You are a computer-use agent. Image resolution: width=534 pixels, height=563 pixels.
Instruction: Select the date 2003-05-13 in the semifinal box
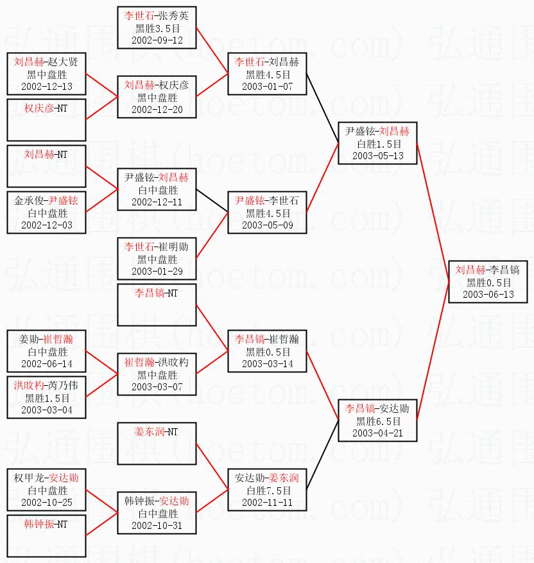click(378, 156)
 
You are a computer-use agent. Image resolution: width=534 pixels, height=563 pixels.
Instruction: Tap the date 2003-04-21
click(378, 433)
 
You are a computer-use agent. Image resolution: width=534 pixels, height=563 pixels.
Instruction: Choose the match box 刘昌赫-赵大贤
click(46, 74)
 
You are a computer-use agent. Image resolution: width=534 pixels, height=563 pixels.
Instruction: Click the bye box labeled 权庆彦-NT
click(46, 119)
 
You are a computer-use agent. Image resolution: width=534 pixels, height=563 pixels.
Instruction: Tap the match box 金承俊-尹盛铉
click(46, 212)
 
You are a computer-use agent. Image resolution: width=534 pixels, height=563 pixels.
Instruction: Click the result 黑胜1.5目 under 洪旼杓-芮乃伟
click(46, 398)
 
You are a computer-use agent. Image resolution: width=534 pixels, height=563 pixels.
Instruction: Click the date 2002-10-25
click(46, 502)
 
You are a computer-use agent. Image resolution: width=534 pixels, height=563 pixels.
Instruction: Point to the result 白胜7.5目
click(267, 490)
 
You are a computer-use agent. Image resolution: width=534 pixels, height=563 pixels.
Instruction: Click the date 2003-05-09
click(267, 225)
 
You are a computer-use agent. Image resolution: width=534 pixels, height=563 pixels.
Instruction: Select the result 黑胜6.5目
click(378, 421)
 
